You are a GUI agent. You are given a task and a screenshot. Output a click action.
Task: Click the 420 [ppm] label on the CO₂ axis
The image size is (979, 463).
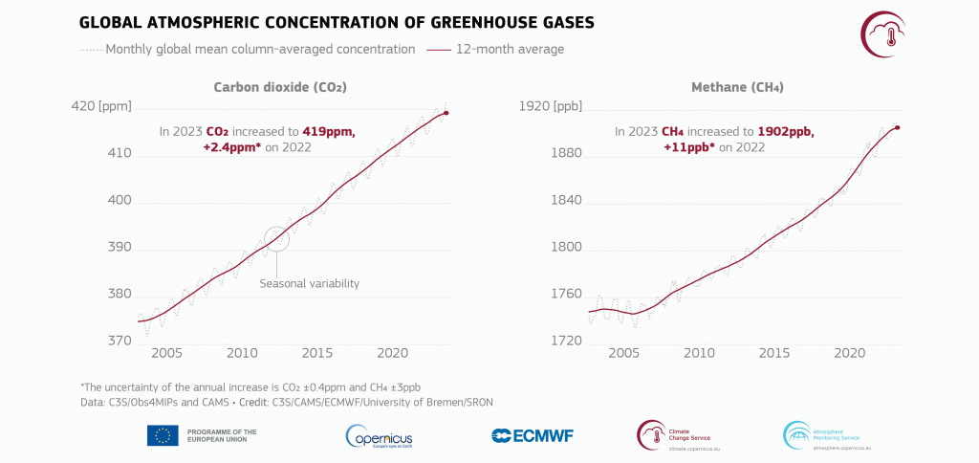[101, 106]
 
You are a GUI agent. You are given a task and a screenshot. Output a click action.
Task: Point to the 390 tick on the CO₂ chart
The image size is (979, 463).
[119, 248]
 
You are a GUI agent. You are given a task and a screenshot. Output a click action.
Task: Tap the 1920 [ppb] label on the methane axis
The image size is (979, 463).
[549, 106]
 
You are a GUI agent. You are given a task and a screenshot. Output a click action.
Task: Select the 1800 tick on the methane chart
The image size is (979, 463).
[568, 248]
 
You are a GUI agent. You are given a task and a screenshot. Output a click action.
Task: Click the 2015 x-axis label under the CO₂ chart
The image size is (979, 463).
[316, 353]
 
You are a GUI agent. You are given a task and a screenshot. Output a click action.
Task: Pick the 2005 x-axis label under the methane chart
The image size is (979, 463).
[623, 353]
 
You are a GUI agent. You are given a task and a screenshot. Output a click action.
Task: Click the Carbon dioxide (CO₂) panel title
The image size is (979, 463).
[279, 87]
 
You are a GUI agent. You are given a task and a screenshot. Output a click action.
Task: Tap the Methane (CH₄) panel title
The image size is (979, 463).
[724, 87]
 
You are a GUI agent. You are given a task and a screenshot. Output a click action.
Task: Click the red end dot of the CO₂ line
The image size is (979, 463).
[446, 113]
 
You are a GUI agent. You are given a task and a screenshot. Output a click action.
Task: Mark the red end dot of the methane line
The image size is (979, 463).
[898, 127]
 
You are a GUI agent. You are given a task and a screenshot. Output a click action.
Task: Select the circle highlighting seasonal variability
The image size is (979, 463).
[276, 238]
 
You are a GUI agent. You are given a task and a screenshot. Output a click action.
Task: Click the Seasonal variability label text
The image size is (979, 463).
[309, 283]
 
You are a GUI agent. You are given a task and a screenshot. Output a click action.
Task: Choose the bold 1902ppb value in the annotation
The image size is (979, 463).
[784, 132]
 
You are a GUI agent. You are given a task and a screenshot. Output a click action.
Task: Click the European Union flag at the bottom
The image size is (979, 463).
[163, 435]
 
